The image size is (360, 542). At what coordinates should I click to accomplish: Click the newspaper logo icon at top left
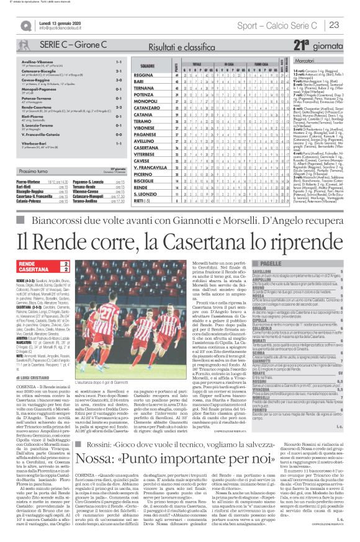[x=25, y=25]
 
